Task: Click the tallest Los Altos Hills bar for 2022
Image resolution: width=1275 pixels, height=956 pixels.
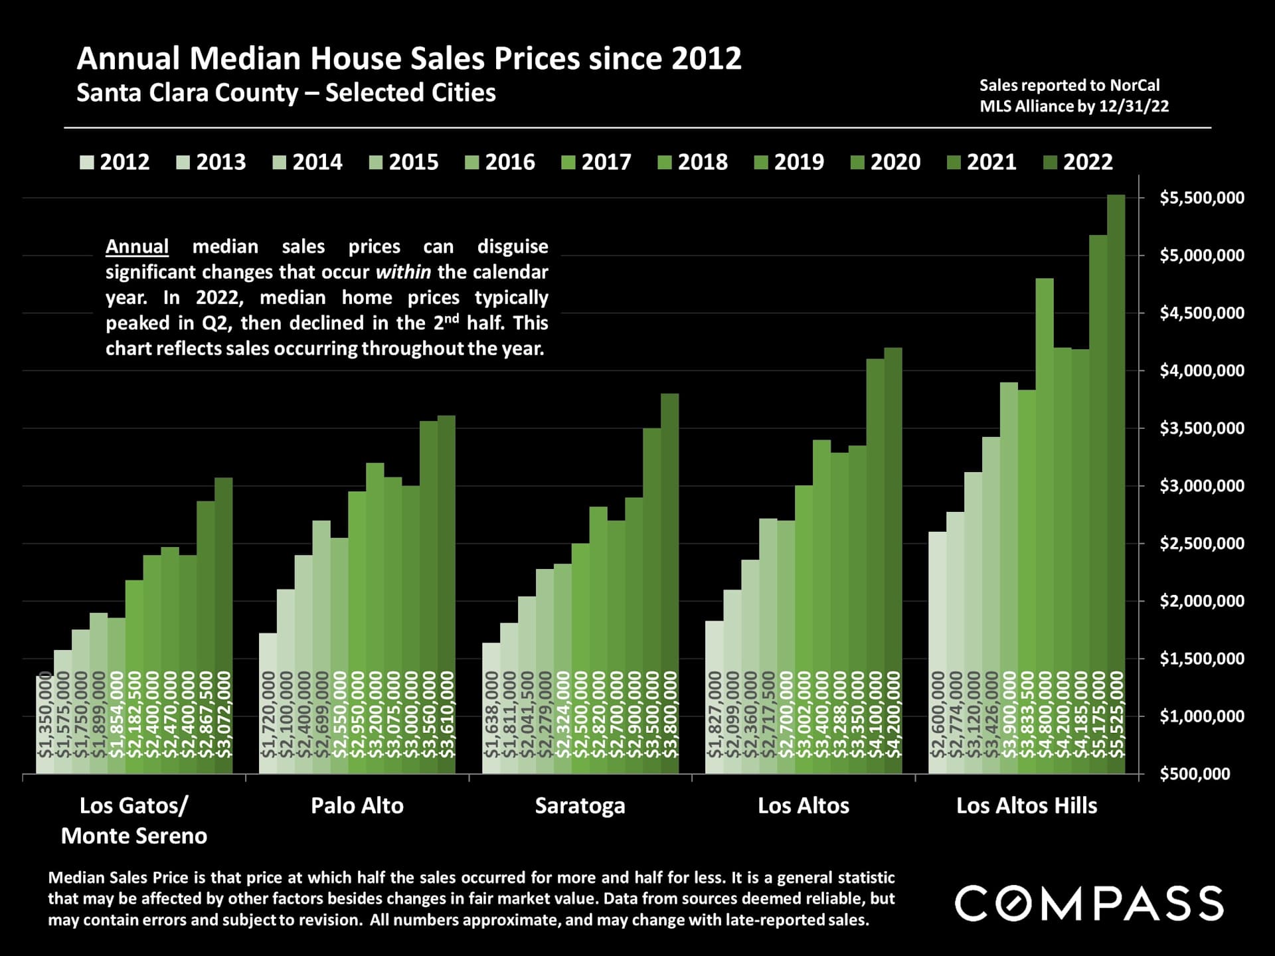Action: (x=1116, y=485)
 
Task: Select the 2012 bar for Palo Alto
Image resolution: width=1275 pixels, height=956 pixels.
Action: (x=268, y=704)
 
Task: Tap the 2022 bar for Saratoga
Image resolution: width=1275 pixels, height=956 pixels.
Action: (x=670, y=584)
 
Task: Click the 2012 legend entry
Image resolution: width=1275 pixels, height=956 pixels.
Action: (x=115, y=162)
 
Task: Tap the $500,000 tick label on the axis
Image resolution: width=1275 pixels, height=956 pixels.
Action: (x=1195, y=774)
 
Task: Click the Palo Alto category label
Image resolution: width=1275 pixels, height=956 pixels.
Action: (x=357, y=806)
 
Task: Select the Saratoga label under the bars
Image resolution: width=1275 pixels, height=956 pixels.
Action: (x=580, y=806)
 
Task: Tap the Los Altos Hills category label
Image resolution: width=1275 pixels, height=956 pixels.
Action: (x=1027, y=806)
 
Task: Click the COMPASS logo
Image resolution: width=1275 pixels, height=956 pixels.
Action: (x=1089, y=904)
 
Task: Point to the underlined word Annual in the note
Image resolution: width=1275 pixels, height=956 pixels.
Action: (x=137, y=247)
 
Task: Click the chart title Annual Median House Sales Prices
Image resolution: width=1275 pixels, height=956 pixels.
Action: (x=408, y=58)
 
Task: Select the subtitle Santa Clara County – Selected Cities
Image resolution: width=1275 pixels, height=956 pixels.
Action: (x=286, y=93)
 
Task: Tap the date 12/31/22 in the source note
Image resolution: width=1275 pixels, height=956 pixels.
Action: (x=1134, y=106)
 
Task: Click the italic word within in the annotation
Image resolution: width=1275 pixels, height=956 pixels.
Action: (x=403, y=272)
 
